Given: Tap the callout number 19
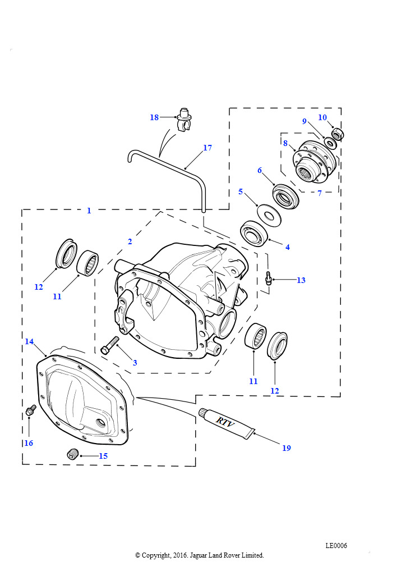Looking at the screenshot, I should [286, 448].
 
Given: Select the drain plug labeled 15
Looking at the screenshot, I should [71, 454].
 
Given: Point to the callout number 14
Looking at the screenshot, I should [29, 341].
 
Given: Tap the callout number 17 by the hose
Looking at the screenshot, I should [207, 148].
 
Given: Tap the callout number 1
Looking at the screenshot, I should [89, 211].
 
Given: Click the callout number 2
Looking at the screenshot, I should [130, 241].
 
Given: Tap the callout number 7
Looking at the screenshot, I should [320, 193].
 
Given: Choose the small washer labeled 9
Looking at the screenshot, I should [330, 143].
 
